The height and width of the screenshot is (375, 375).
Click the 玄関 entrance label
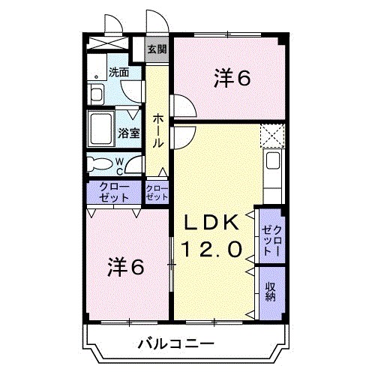156,49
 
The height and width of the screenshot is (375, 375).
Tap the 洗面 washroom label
118,73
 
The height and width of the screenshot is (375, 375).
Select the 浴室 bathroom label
128,134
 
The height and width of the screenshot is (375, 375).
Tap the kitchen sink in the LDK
272,161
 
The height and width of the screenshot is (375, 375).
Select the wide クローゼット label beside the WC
114,192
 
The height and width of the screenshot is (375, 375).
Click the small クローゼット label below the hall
157,193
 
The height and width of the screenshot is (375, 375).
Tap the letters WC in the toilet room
119,163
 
